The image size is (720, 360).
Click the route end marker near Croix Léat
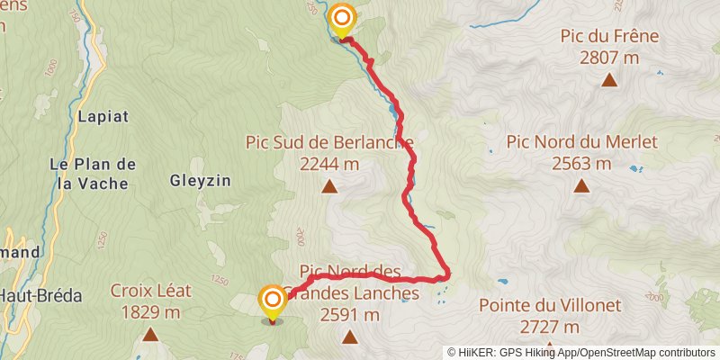pos(272,300)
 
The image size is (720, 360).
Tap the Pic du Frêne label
pos(609,37)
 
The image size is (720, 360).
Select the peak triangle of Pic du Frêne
pos(609,80)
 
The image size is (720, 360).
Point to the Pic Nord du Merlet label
pos(582,141)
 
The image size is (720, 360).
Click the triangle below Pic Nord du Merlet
pos(581,186)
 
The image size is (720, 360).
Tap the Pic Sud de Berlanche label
pos(329,142)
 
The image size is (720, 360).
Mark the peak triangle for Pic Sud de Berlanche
pos(329,186)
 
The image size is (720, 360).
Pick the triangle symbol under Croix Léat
pos(149,335)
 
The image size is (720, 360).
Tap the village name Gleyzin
pos(200,180)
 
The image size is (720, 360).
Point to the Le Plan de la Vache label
pos(93,173)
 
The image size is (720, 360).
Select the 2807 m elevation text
pos(609,58)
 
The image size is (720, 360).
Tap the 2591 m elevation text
pos(349,314)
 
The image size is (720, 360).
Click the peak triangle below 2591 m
pos(349,337)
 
